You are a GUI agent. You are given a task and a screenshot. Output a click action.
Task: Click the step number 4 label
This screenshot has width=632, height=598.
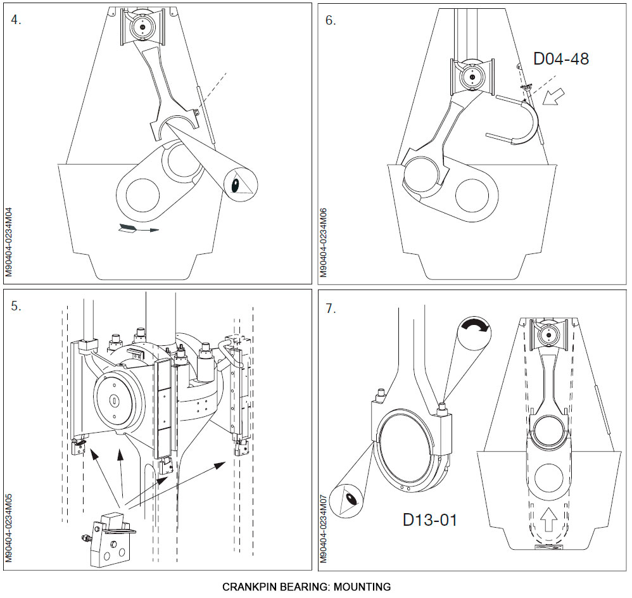pos(16,19)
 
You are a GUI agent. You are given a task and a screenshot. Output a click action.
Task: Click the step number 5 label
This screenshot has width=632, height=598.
pos(16,306)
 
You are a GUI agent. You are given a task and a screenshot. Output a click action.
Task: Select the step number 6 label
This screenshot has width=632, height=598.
pos(331,20)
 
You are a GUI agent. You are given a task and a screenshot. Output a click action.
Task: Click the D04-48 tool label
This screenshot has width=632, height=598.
pos(561,59)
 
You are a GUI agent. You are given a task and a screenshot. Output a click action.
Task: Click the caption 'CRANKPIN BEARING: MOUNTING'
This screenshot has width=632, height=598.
pos(307,587)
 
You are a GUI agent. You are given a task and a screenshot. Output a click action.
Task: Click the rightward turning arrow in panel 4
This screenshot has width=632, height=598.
pos(138,229)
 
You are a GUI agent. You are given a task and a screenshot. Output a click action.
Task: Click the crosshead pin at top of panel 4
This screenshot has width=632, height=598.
pos(142,27)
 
